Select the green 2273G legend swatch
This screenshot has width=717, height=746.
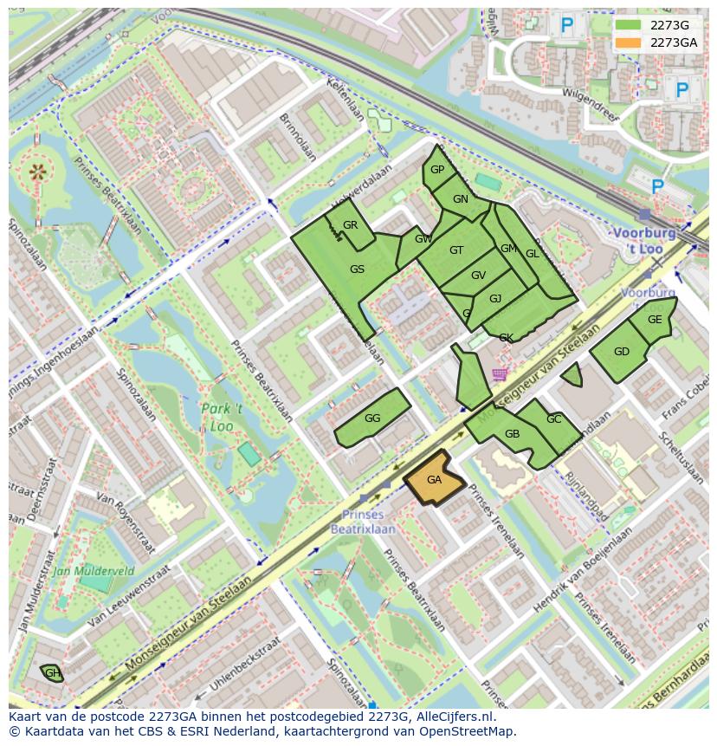tap(629, 25)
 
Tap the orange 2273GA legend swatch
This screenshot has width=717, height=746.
tap(629, 42)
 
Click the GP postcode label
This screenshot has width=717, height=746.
tap(437, 170)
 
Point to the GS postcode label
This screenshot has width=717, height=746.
tap(357, 269)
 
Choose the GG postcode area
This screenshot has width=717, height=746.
tap(372, 418)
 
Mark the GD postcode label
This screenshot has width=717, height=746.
tap(621, 352)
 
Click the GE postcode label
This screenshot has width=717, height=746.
tap(655, 320)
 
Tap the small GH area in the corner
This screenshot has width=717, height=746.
tap(52, 673)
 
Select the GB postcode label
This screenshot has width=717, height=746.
tap(512, 434)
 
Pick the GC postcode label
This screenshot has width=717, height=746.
tap(553, 419)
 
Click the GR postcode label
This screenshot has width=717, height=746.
tap(350, 225)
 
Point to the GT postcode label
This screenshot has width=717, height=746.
tap(456, 250)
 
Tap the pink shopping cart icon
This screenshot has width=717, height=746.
tap(500, 374)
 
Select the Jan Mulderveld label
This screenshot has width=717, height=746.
tap(93, 571)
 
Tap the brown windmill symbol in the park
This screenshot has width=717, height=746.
tap(37, 172)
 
